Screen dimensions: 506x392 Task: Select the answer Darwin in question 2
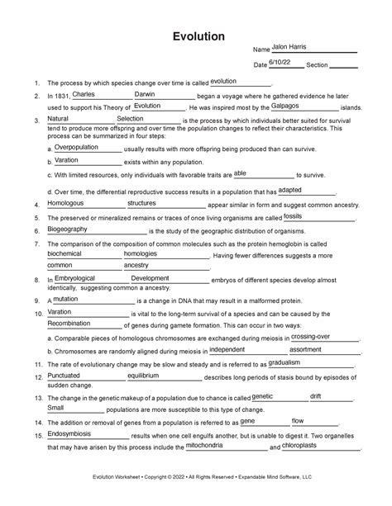point(149,94)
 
